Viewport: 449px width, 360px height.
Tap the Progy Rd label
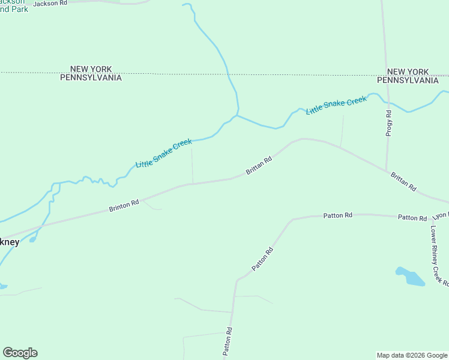[x=389, y=123]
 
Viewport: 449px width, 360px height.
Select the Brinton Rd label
[x=124, y=206]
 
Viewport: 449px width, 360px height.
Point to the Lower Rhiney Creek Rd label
[x=439, y=255]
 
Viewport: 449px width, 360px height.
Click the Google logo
[x=20, y=353]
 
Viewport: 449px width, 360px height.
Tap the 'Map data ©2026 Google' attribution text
[x=412, y=355]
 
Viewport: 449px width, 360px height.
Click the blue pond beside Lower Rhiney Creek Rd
[x=411, y=277]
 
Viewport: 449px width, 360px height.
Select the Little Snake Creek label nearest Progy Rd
[x=336, y=105]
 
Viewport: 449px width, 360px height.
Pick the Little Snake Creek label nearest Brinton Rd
[x=164, y=153]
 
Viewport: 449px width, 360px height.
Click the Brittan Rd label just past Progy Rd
[x=403, y=181]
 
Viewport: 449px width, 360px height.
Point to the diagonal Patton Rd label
[x=263, y=259]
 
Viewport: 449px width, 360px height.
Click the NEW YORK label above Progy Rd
[x=408, y=71]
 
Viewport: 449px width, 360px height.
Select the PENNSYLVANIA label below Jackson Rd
[x=91, y=78]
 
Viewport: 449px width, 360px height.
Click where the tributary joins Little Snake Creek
[x=238, y=115]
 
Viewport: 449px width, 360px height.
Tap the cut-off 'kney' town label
[x=10, y=242]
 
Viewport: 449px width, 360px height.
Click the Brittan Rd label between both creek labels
[x=259, y=167]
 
